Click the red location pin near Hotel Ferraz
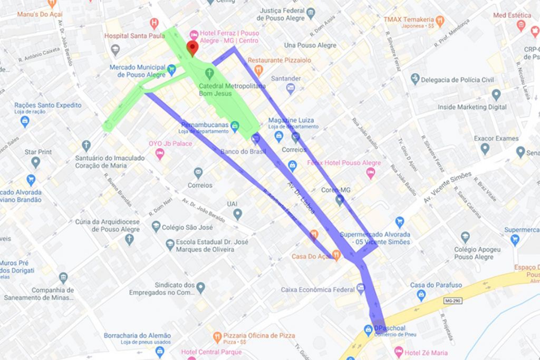(192, 48)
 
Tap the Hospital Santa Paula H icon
(154, 23)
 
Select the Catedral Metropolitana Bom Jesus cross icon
(209, 72)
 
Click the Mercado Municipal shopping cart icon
(171, 69)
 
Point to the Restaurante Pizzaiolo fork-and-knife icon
(258, 70)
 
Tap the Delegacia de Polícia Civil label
(457, 80)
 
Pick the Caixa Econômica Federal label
(317, 289)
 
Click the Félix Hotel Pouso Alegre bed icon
(370, 172)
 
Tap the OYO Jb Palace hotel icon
(159, 153)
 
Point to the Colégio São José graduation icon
(156, 227)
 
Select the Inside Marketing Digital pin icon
(496, 95)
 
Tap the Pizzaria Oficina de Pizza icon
(217, 336)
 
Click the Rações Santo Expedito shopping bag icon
(24, 121)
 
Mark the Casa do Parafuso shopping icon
(421, 295)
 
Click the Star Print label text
(38, 152)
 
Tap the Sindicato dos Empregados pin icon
(200, 287)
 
